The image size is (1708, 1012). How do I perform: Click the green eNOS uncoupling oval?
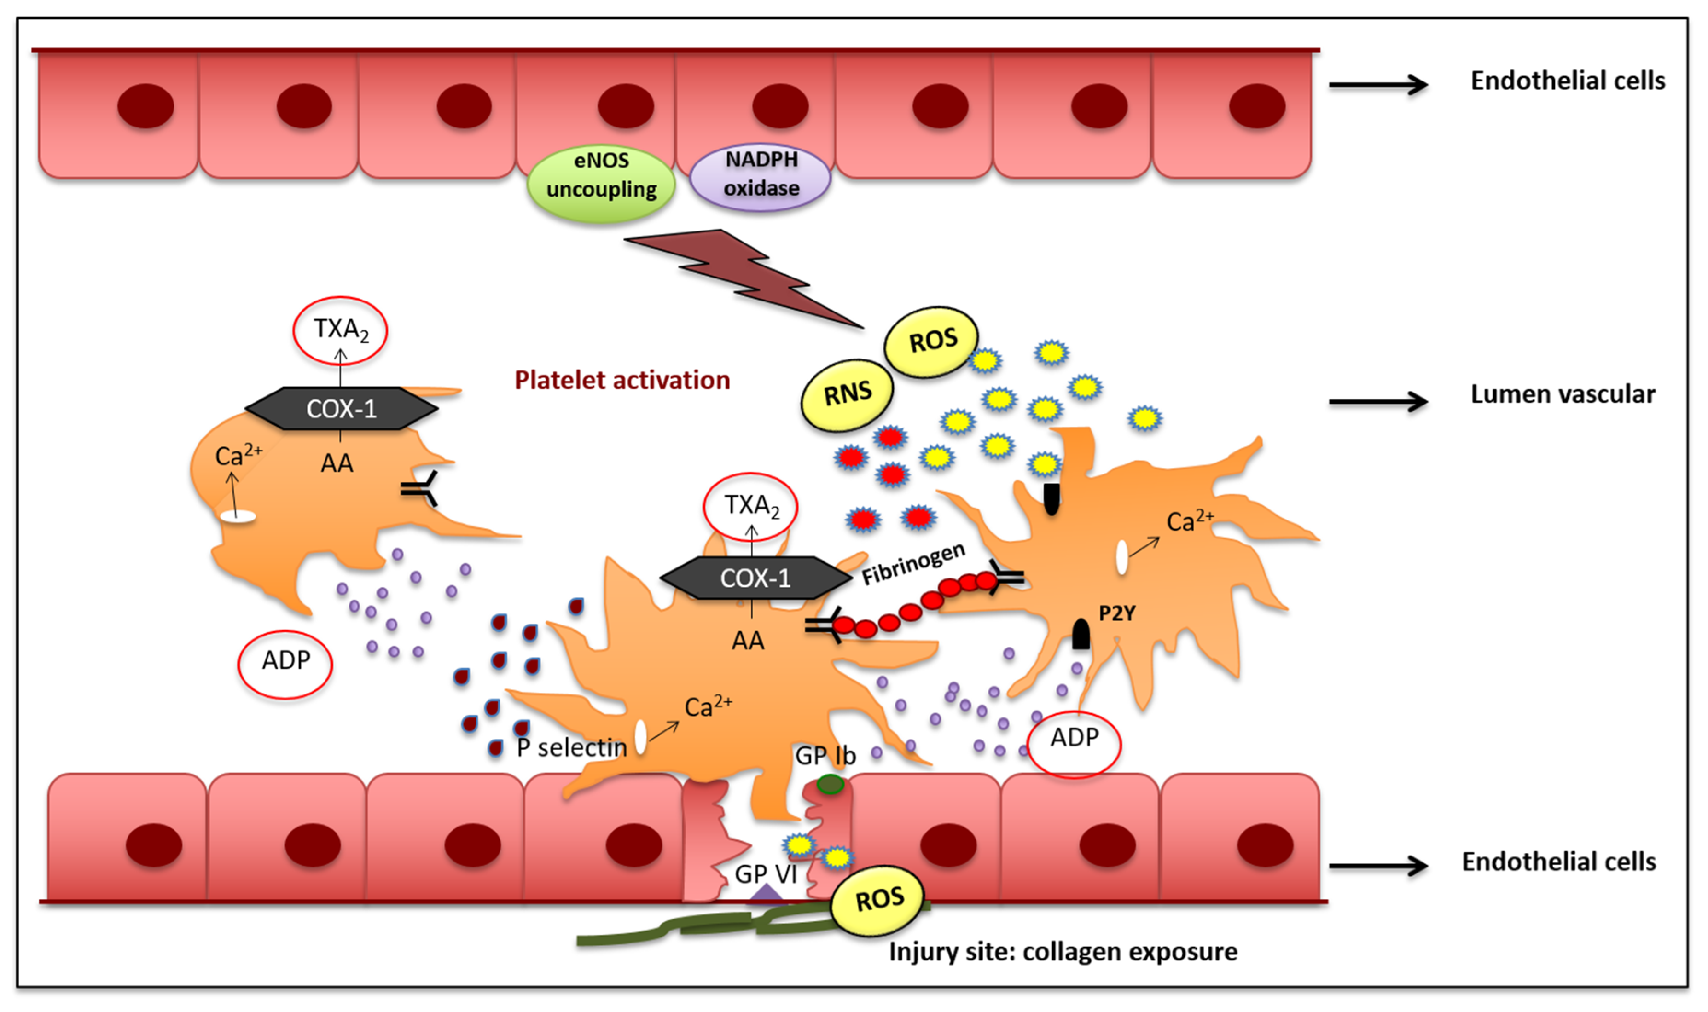pyautogui.click(x=601, y=183)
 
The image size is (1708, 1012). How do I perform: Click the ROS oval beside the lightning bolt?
pyautogui.click(x=932, y=341)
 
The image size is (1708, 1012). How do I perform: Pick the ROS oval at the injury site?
pyautogui.click(x=878, y=901)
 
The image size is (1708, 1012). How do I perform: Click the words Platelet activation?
pyautogui.click(x=622, y=380)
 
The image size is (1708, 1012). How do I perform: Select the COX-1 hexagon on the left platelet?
pyautogui.click(x=341, y=409)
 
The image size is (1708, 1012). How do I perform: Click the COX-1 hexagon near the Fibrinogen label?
pyautogui.click(x=755, y=578)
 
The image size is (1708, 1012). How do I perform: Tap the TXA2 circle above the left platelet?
pyautogui.click(x=340, y=330)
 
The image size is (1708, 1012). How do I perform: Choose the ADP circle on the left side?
pyautogui.click(x=285, y=664)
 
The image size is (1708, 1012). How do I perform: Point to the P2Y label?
pyautogui.click(x=1116, y=613)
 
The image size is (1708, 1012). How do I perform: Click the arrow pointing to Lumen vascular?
pyautogui.click(x=1378, y=401)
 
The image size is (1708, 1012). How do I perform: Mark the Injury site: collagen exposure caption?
pyautogui.click(x=1062, y=951)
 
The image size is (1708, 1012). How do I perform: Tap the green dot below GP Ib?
pyautogui.click(x=830, y=785)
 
